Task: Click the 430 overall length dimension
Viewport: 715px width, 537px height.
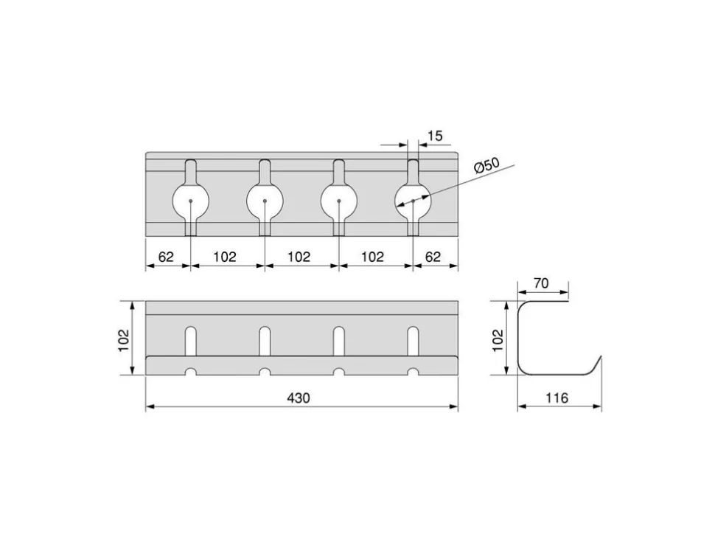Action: pyautogui.click(x=299, y=398)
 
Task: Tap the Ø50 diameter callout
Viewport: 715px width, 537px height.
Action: pyautogui.click(x=487, y=166)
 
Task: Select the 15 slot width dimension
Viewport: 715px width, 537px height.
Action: pyautogui.click(x=436, y=136)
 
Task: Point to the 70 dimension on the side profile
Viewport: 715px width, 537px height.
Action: pyautogui.click(x=541, y=283)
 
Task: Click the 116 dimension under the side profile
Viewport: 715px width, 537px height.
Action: pyautogui.click(x=557, y=398)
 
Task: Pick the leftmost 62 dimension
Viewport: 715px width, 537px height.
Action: pyautogui.click(x=166, y=257)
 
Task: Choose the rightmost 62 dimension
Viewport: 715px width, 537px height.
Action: pyautogui.click(x=433, y=257)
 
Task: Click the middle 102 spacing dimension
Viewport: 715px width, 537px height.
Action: pyautogui.click(x=299, y=257)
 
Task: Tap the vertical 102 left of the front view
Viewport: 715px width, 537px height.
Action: pyautogui.click(x=125, y=340)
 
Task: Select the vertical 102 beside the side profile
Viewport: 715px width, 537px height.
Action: pyautogui.click(x=498, y=340)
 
